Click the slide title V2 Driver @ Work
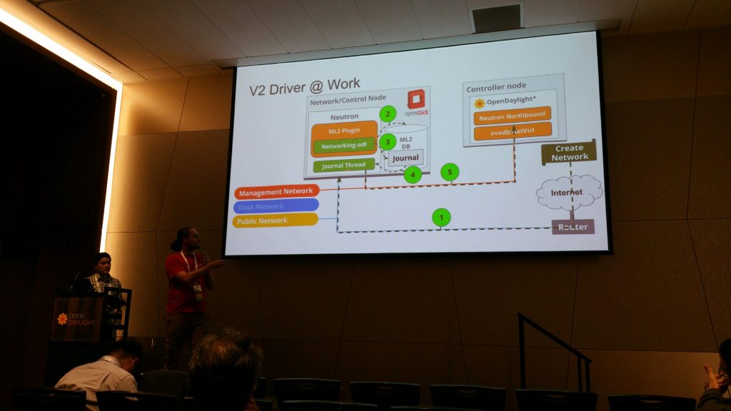pyautogui.click(x=304, y=89)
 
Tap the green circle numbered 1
pyautogui.click(x=441, y=217)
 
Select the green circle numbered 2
pyautogui.click(x=388, y=113)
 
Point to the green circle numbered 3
pyautogui.click(x=388, y=142)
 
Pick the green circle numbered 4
pyautogui.click(x=412, y=173)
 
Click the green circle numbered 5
pyautogui.click(x=449, y=172)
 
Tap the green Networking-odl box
pyautogui.click(x=344, y=146)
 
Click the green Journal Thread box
pyautogui.click(x=343, y=165)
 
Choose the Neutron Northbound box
pyautogui.click(x=513, y=116)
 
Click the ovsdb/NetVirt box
pyautogui.click(x=513, y=131)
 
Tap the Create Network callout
pyautogui.click(x=569, y=152)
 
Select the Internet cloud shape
pyautogui.click(x=569, y=192)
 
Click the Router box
pyautogui.click(x=573, y=226)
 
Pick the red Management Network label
pyautogui.click(x=276, y=191)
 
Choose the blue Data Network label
pyautogui.click(x=275, y=205)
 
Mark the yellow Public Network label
pyautogui.click(x=275, y=220)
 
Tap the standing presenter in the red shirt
pyautogui.click(x=188, y=293)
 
